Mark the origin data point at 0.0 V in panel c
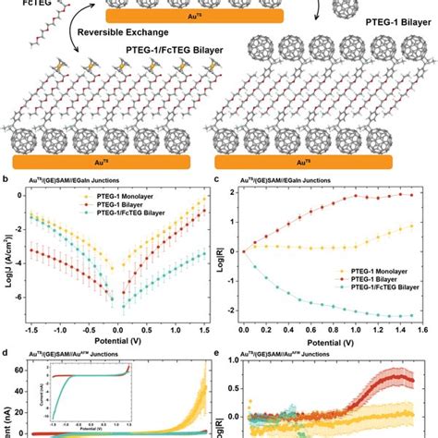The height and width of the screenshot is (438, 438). click(x=243, y=250)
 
